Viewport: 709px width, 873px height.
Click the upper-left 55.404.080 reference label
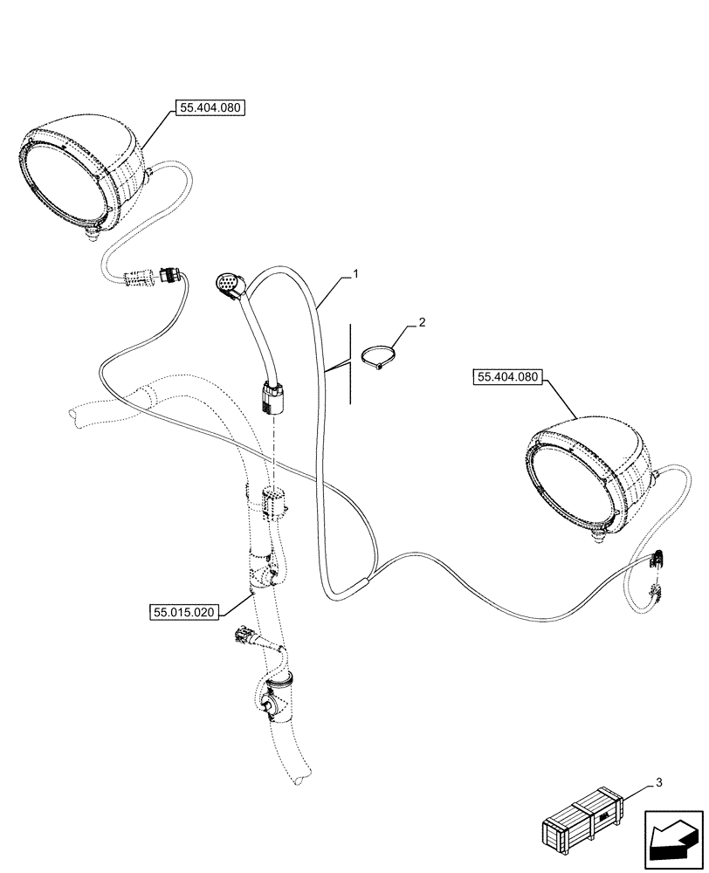coord(211,108)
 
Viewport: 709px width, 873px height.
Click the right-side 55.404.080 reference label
coord(508,377)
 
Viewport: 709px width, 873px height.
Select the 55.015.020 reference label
coord(182,612)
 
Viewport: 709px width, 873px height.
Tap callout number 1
coord(356,274)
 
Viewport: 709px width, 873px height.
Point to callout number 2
coord(423,323)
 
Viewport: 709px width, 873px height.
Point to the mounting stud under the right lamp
coord(598,541)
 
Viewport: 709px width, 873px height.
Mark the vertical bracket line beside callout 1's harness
coord(350,362)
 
